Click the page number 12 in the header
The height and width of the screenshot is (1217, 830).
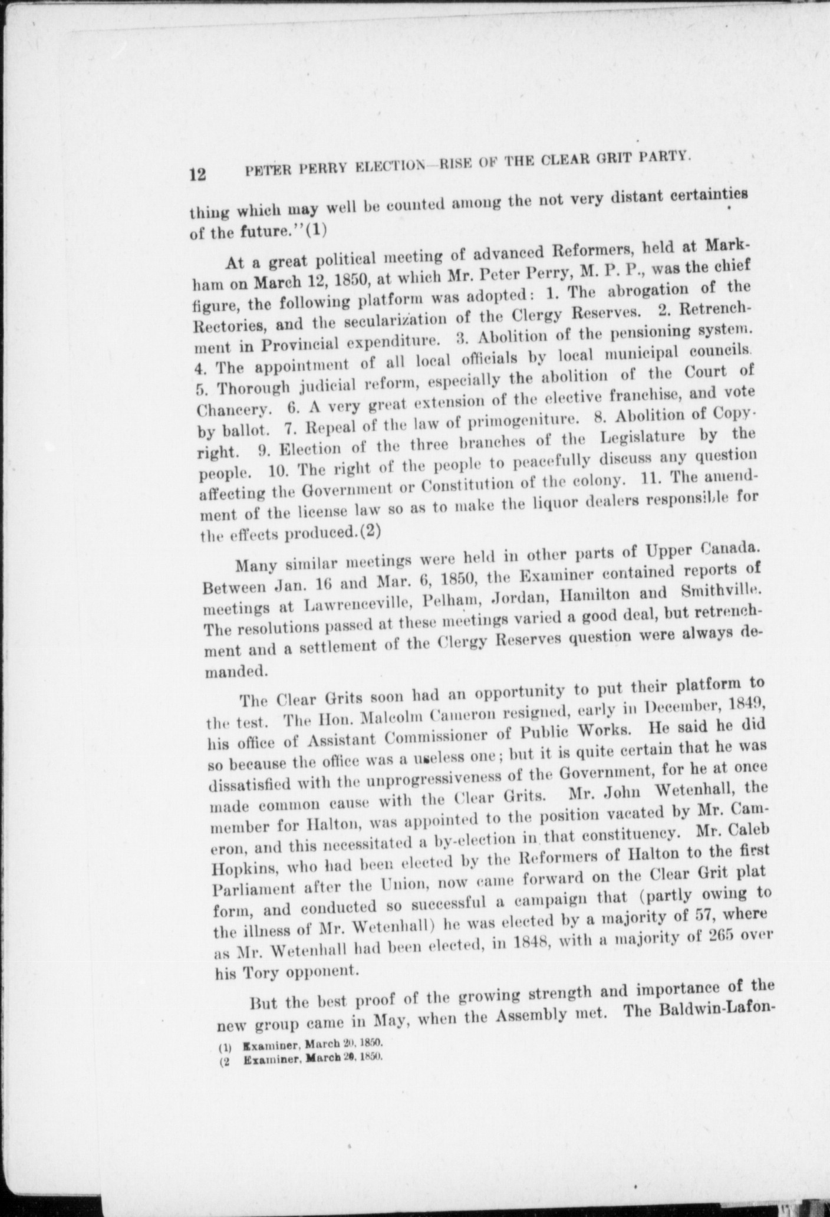click(x=197, y=175)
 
